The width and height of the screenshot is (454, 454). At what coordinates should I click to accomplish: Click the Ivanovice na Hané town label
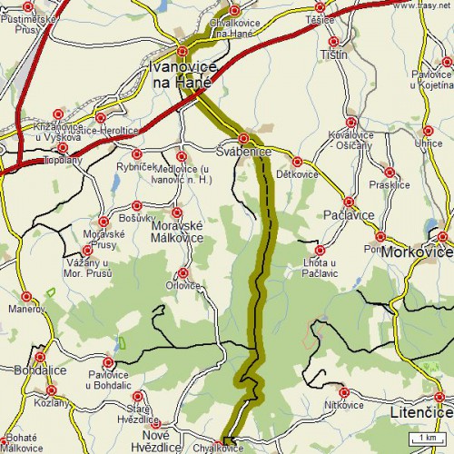coord(182,74)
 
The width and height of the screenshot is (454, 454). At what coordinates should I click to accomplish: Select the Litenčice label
coord(420,412)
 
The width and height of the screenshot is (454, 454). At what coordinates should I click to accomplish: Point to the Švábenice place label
coord(243,152)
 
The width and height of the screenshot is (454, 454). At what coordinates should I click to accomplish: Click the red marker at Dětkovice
coord(296,162)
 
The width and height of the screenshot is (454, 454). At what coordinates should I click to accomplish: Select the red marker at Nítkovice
coord(342,392)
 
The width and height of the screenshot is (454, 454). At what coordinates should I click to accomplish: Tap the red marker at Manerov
coord(27,296)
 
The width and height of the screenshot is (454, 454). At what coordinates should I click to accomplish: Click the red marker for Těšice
coord(333,41)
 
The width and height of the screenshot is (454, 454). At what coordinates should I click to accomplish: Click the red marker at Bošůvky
coord(137,206)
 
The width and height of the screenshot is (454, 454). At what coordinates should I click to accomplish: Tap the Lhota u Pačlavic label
coord(319,267)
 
